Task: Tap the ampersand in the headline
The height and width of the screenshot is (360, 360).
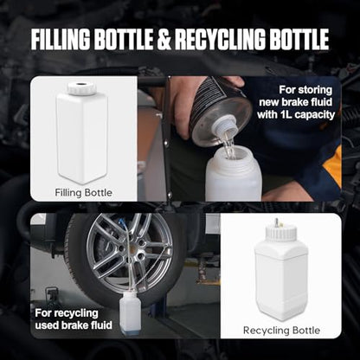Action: (164, 39)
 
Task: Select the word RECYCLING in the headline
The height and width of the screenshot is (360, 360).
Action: (220, 39)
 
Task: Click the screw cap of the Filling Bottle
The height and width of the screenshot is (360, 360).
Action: (81, 88)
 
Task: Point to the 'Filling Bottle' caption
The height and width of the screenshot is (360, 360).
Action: (83, 192)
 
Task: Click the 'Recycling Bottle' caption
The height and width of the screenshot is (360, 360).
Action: (281, 331)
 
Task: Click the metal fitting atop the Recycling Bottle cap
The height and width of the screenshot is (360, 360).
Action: (277, 222)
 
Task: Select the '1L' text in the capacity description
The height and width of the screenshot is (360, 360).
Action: (286, 115)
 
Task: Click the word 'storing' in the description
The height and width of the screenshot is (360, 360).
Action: (316, 90)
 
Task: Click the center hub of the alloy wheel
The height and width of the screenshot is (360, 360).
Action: (133, 250)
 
